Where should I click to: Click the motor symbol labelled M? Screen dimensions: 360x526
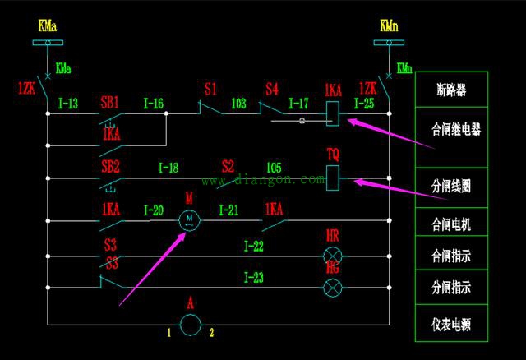tap(190, 219)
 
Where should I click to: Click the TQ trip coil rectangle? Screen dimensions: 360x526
tap(334, 176)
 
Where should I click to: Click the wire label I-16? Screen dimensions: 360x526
tap(153, 104)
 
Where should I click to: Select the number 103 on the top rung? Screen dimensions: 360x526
tap(238, 104)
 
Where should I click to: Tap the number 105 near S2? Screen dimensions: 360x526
tap(274, 168)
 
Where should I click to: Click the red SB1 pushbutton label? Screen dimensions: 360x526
tap(110, 103)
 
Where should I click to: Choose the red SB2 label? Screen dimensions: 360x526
tap(110, 167)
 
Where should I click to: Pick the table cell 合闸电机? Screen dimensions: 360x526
tap(451, 223)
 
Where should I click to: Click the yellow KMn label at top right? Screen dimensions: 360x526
tap(389, 26)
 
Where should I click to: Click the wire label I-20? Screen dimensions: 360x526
tap(153, 210)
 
